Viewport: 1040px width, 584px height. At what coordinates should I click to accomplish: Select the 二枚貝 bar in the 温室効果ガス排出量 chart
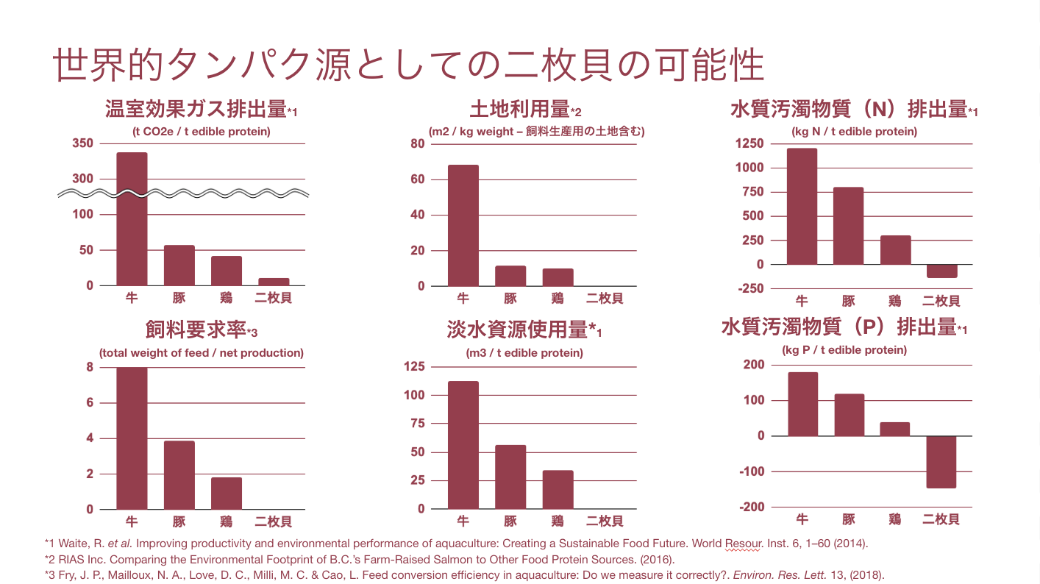(x=274, y=282)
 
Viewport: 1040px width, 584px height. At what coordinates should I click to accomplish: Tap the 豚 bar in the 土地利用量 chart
(x=510, y=276)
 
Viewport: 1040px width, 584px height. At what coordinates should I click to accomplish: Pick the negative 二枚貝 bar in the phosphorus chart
(x=941, y=462)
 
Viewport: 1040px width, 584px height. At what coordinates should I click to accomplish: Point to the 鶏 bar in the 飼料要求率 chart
(x=226, y=494)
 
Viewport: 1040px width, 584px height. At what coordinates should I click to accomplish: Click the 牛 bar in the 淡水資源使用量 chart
(x=463, y=445)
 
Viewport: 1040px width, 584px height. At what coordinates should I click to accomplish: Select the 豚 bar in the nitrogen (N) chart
(x=849, y=226)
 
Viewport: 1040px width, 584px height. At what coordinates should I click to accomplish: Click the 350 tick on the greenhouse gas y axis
(x=83, y=143)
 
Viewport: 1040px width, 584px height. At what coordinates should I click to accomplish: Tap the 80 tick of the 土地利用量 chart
(x=418, y=143)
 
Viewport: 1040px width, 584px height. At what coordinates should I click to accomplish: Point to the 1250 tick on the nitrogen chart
(x=749, y=143)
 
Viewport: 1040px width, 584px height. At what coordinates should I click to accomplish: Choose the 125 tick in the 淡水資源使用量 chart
(x=416, y=366)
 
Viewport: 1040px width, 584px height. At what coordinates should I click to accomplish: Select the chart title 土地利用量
(x=520, y=110)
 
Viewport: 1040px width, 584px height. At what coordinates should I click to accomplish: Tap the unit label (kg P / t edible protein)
(x=844, y=350)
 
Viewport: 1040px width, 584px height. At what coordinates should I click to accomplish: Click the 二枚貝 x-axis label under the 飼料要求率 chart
(x=274, y=522)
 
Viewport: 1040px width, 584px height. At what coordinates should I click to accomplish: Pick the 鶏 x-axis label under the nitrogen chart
(x=895, y=301)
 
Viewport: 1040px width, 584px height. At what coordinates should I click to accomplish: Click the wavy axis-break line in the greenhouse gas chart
(x=184, y=194)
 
